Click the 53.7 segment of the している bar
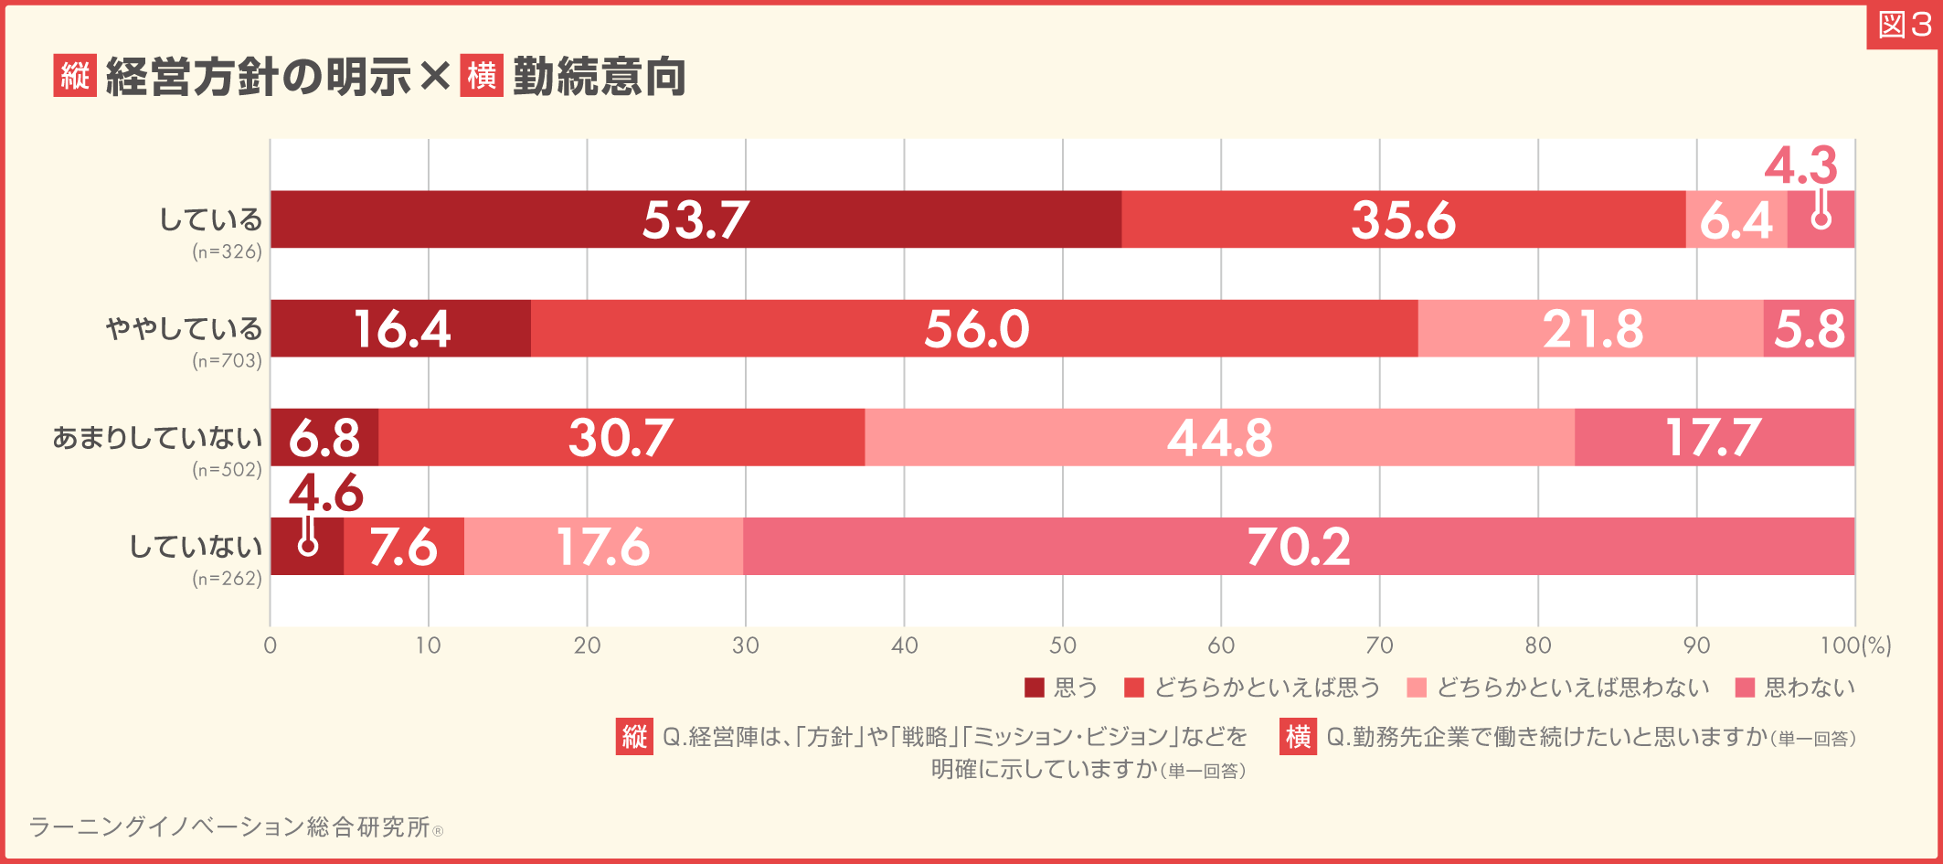(x=695, y=219)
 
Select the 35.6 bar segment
(x=1403, y=219)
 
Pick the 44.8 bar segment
(x=1219, y=437)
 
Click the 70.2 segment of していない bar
(x=1298, y=547)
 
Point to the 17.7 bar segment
(x=1714, y=437)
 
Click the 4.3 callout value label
(x=1800, y=165)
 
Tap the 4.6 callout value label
(x=325, y=494)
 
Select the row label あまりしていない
(x=157, y=438)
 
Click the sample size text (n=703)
(x=227, y=361)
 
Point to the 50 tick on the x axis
(x=1062, y=645)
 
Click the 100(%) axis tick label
(x=1854, y=645)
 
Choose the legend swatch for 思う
(x=1035, y=688)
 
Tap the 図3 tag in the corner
(x=1904, y=25)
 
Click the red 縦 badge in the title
(x=75, y=76)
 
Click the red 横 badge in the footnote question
(x=1298, y=737)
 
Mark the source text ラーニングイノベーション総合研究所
(x=229, y=827)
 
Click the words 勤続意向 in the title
(x=600, y=77)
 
